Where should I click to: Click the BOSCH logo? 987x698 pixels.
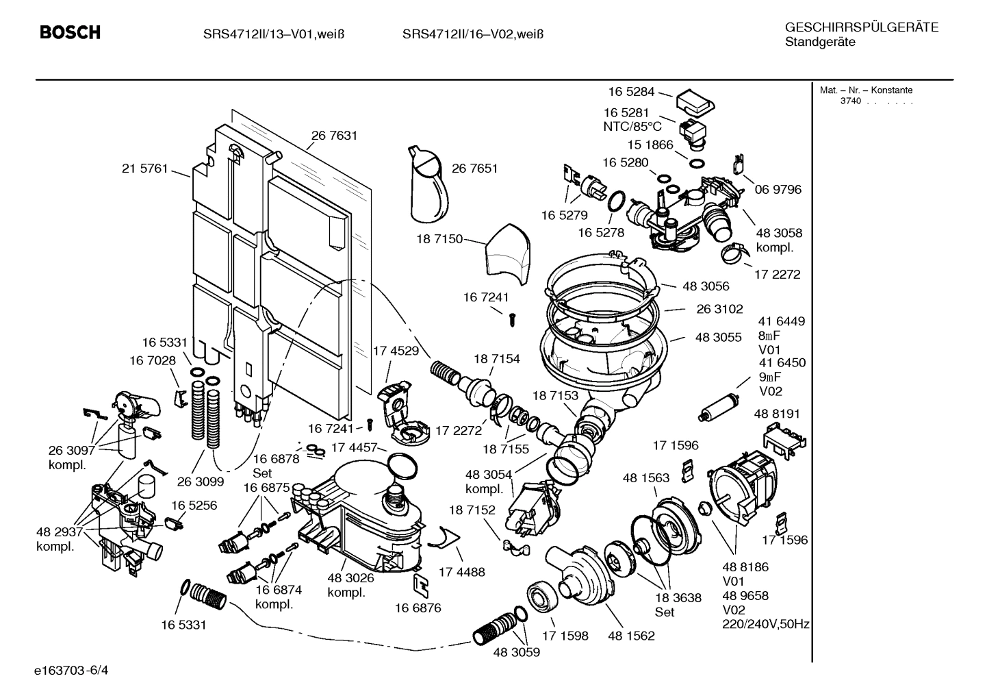pyautogui.click(x=70, y=33)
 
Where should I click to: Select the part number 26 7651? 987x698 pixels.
pyautogui.click(x=474, y=169)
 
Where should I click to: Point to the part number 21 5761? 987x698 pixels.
pyautogui.click(x=144, y=169)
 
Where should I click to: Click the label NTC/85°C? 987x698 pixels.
pyautogui.click(x=632, y=127)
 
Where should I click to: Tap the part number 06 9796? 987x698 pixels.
pyautogui.click(x=778, y=189)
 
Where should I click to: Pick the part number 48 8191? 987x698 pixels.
pyautogui.click(x=776, y=414)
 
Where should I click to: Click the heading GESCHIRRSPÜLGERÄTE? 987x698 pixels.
pyautogui.click(x=861, y=27)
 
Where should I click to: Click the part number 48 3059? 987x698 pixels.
pyautogui.click(x=516, y=653)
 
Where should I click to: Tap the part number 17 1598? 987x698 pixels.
pyautogui.click(x=565, y=636)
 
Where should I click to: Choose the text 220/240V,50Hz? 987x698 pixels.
pyautogui.click(x=766, y=625)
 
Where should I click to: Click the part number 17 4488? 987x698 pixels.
pyautogui.click(x=461, y=571)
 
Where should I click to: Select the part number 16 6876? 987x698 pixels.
pyautogui.click(x=418, y=608)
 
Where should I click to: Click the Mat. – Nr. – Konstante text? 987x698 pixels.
pyautogui.click(x=866, y=90)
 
